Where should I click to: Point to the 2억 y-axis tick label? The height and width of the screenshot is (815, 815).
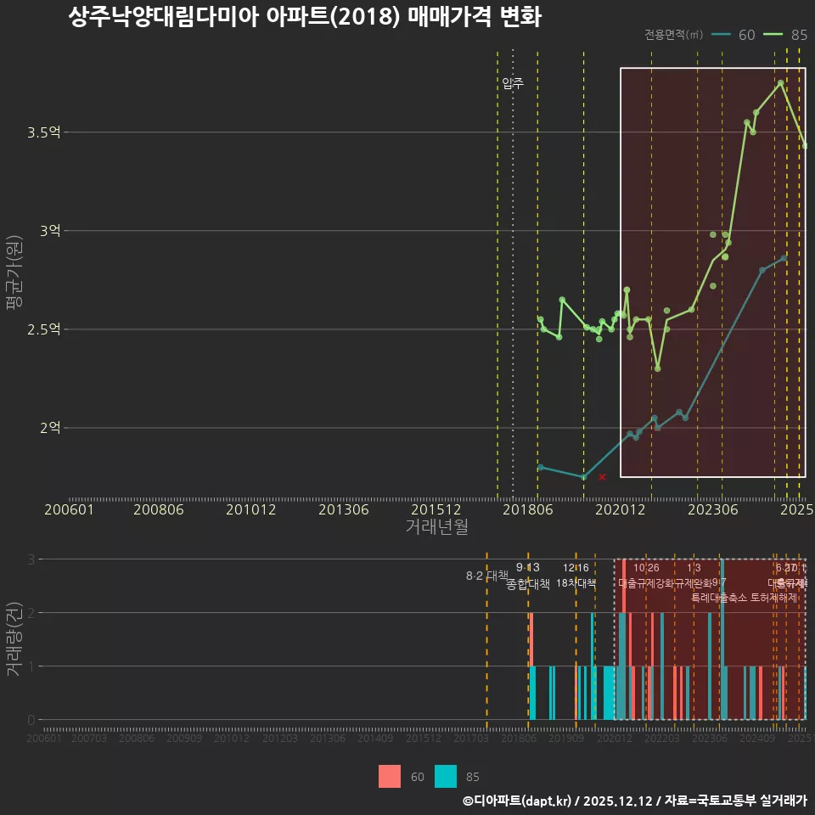pyautogui.click(x=49, y=428)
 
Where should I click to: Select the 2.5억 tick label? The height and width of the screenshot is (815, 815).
pyautogui.click(x=43, y=329)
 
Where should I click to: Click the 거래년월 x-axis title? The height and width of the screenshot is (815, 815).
pyautogui.click(x=436, y=526)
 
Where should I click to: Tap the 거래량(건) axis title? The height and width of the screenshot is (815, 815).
pyautogui.click(x=14, y=639)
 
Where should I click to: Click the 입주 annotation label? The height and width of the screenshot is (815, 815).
pyautogui.click(x=513, y=83)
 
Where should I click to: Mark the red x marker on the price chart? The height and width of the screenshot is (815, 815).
pyautogui.click(x=602, y=477)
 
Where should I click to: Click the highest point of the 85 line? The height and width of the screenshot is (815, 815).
pyautogui.click(x=780, y=82)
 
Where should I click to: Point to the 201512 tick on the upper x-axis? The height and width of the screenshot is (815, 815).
pyautogui.click(x=436, y=509)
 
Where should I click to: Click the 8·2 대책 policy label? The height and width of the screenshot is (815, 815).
pyautogui.click(x=486, y=576)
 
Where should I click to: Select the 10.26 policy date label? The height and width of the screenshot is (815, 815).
pyautogui.click(x=646, y=568)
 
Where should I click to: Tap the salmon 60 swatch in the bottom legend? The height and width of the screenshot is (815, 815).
pyautogui.click(x=390, y=776)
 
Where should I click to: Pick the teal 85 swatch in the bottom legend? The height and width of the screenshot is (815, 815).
pyautogui.click(x=446, y=776)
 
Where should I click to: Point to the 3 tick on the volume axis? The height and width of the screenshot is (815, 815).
pyautogui.click(x=31, y=559)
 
